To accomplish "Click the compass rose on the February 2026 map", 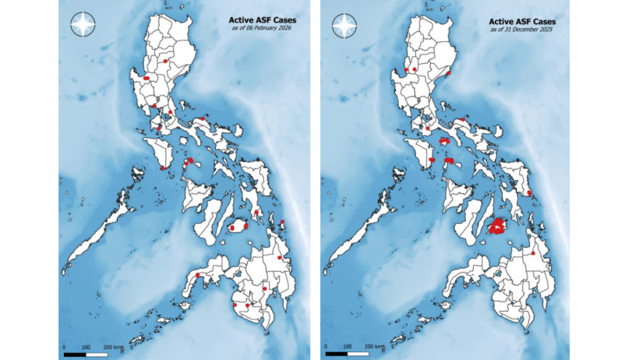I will [x=83, y=25].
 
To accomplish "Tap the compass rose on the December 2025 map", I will [x=344, y=25].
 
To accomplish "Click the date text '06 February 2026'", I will [x=267, y=29].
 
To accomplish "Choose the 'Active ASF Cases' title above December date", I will [x=521, y=20].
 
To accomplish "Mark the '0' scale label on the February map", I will [x=63, y=345].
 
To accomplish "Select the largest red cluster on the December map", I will [x=499, y=226].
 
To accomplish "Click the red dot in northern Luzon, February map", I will [x=166, y=60].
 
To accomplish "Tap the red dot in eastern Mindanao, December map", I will [x=533, y=253].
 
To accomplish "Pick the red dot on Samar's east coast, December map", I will [x=529, y=192].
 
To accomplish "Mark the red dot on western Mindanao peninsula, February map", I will [x=198, y=275].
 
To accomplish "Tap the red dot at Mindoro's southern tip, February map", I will [x=162, y=168].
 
